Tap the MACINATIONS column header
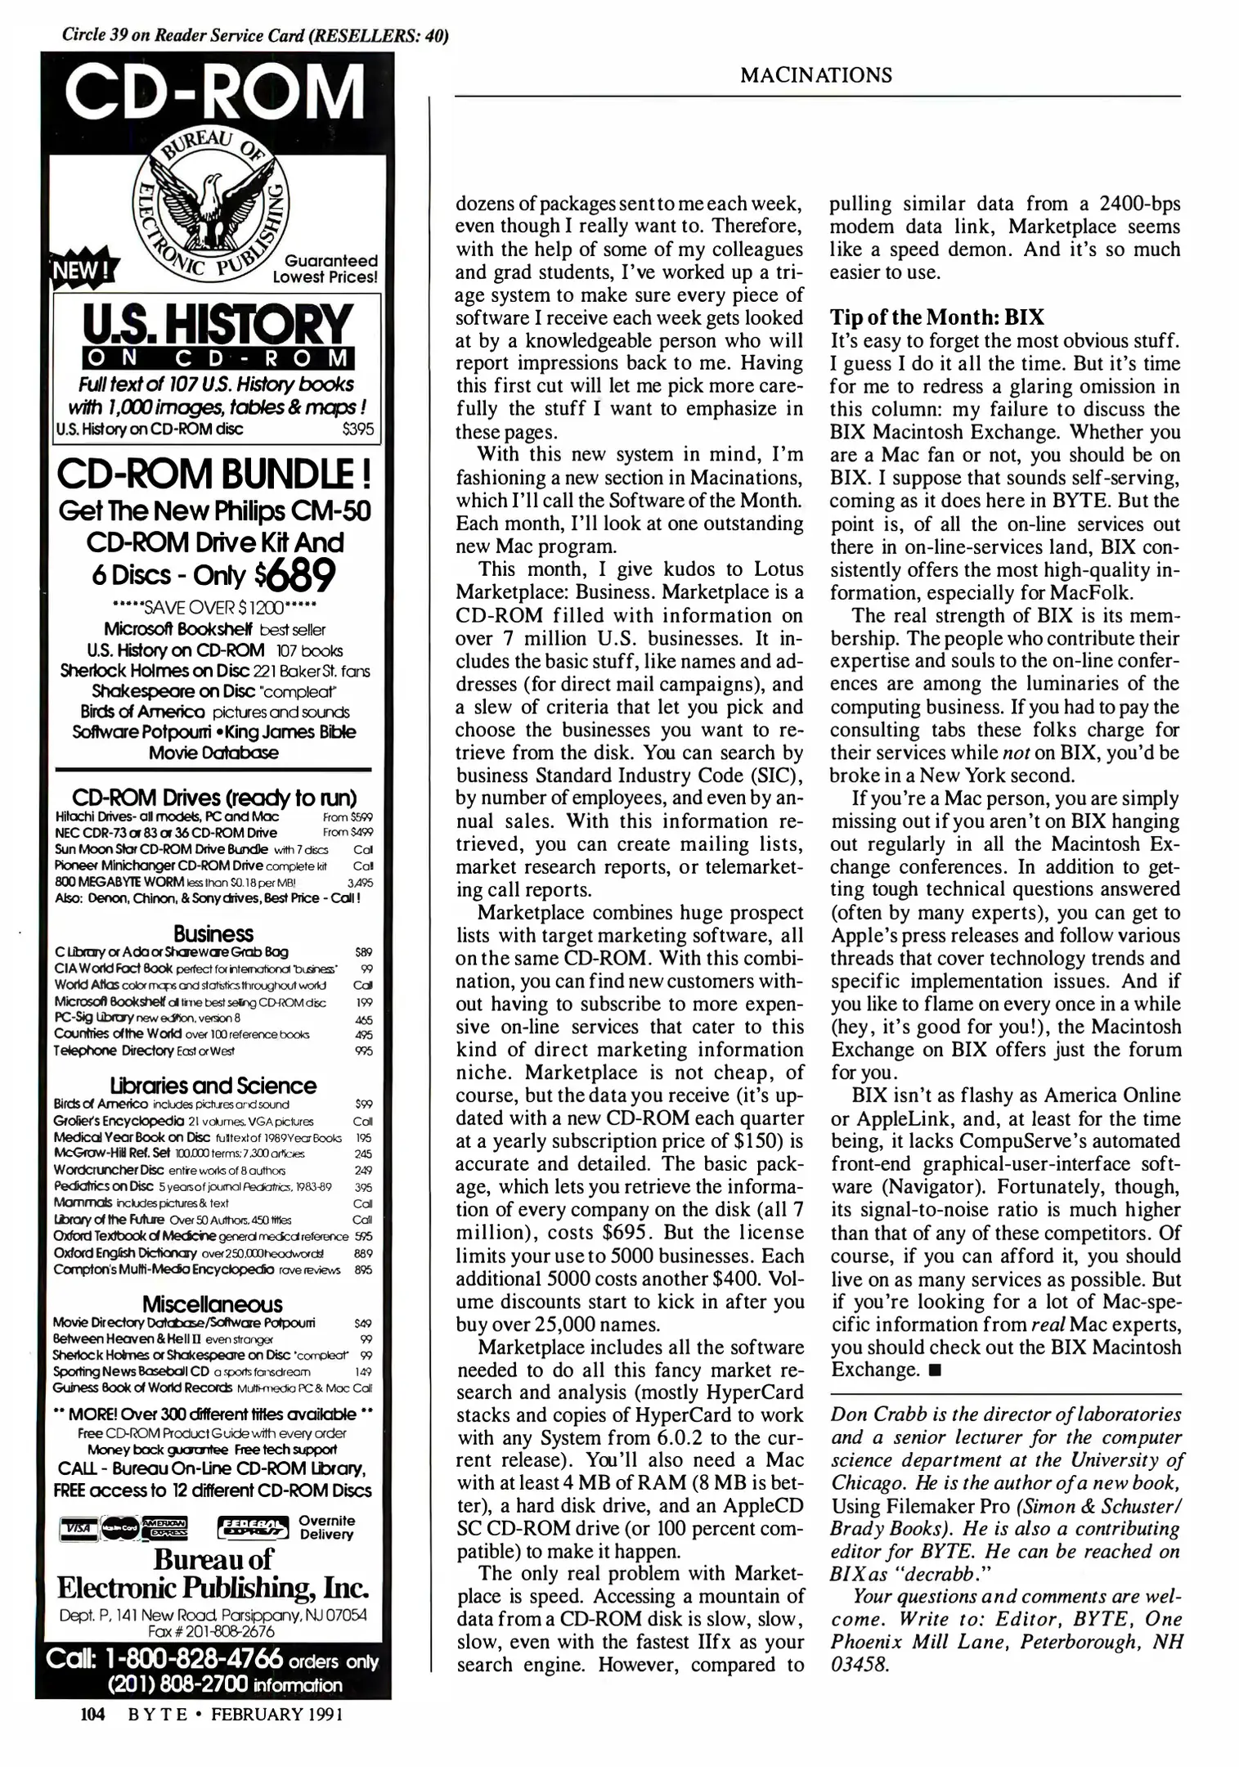(815, 75)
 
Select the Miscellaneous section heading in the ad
(212, 1304)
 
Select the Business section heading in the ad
(213, 933)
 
